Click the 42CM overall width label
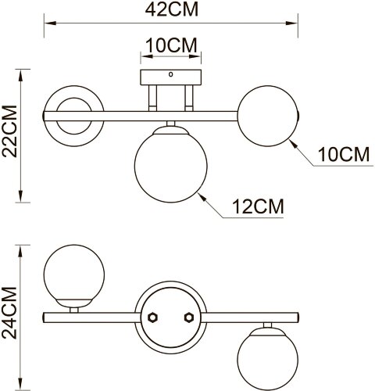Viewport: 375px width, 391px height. tap(170, 10)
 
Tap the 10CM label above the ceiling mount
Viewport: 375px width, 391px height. tap(170, 45)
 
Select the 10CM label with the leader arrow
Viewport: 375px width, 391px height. tap(342, 154)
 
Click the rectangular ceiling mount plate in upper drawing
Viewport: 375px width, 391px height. tap(170, 79)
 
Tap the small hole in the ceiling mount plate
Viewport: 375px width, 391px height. tap(170, 75)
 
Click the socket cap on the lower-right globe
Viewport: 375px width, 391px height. tap(267, 329)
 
